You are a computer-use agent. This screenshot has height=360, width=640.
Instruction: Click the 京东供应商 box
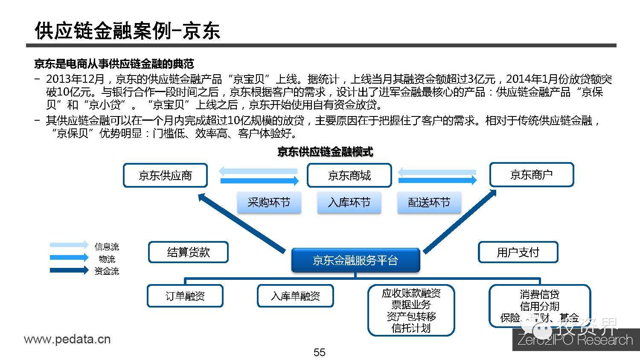coord(165,175)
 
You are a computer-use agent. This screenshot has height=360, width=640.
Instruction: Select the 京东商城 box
coord(349,175)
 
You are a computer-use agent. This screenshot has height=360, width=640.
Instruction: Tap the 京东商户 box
coord(531,174)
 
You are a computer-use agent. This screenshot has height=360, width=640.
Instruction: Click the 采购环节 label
coord(269,202)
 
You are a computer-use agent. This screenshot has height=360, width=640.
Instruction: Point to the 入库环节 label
coord(349,202)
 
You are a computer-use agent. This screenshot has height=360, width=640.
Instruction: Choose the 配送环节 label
coord(429,202)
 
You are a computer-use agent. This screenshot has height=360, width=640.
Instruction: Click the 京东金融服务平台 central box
coord(355,260)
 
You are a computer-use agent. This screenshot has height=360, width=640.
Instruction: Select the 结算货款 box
coord(188,252)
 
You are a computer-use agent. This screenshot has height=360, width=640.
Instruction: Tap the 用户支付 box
coord(518,252)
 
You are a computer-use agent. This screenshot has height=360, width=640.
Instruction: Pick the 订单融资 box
coord(185,296)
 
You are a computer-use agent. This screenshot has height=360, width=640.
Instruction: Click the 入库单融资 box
coord(295,296)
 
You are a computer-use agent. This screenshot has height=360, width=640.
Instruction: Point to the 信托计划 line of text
coord(411,328)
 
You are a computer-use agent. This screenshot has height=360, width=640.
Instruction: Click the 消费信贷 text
coord(539,294)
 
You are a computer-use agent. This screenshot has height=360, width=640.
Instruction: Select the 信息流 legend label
coord(107,247)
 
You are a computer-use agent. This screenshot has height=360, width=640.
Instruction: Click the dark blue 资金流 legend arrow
coord(69,270)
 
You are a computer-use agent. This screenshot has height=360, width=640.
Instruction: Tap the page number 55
coord(319,352)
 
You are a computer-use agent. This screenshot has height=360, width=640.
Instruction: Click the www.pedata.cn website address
coord(67,340)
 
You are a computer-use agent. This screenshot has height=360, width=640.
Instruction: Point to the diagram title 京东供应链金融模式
coord(325,152)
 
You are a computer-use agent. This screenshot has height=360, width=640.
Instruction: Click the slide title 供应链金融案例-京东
coord(127,31)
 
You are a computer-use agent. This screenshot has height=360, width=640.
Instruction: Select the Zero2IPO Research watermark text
coord(575,340)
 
